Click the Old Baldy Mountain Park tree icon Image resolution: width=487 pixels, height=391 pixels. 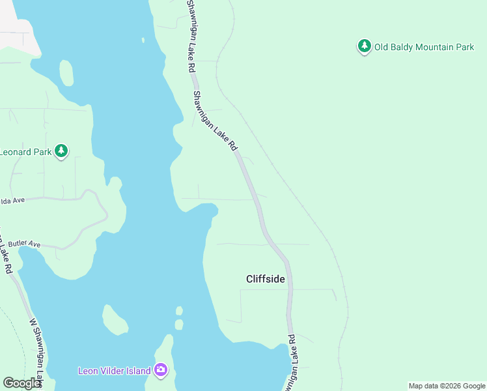point(365,47)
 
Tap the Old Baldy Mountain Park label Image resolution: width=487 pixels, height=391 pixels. point(424,48)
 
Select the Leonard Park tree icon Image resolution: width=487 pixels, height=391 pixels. point(61,151)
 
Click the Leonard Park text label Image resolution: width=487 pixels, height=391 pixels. point(25,152)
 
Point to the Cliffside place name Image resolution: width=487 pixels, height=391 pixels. point(266,279)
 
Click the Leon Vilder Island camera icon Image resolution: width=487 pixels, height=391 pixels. point(161,370)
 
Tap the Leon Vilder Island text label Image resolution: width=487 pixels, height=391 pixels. point(115,371)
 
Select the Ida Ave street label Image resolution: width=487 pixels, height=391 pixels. point(12,201)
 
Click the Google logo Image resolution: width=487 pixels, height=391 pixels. point(21,383)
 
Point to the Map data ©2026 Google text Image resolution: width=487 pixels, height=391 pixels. point(447,386)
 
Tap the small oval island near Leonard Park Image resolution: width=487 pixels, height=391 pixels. point(66,72)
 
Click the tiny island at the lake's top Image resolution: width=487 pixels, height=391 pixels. point(143,40)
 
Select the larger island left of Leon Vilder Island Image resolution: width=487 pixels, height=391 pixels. point(115,320)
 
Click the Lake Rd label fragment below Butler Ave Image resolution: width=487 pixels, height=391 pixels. point(7,257)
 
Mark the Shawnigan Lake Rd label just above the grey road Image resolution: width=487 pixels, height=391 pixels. point(216,121)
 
